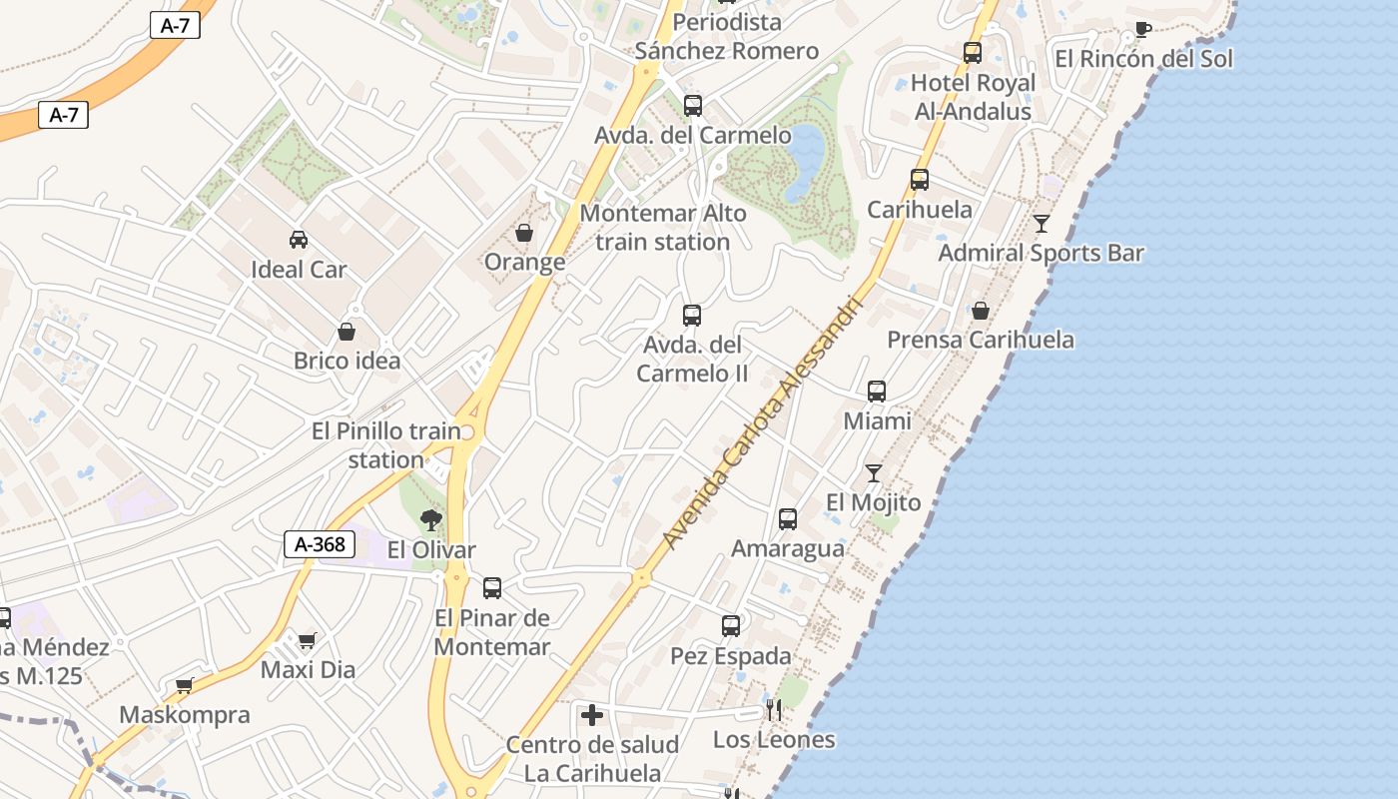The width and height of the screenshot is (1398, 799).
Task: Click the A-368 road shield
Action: (x=321, y=544)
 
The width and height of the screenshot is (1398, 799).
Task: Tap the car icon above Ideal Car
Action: (x=298, y=239)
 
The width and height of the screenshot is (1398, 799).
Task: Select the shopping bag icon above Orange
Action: (x=523, y=233)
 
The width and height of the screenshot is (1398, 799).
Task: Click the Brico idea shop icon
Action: (x=347, y=331)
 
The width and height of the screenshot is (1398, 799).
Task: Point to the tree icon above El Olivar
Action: (x=431, y=519)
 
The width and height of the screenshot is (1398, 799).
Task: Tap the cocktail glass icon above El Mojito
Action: (x=874, y=472)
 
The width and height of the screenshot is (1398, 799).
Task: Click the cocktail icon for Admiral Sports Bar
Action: (x=1042, y=223)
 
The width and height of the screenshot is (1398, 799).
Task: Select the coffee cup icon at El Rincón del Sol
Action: (x=1142, y=29)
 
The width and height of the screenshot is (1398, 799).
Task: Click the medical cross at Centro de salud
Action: (x=592, y=714)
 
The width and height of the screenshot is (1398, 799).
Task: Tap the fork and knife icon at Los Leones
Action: (x=774, y=710)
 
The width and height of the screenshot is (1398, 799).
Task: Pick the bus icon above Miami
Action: (x=877, y=391)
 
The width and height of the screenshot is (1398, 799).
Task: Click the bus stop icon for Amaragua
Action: (x=788, y=518)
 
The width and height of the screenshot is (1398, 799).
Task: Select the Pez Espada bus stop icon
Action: (x=731, y=626)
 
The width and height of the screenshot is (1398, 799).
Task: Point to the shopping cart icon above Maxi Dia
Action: (x=307, y=639)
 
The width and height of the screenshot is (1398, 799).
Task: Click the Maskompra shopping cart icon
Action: (x=184, y=685)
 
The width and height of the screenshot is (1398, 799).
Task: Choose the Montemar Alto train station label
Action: (x=663, y=228)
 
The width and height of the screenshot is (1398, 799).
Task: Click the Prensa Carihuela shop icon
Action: (x=981, y=311)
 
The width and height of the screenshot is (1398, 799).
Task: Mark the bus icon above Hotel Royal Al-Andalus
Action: (x=973, y=52)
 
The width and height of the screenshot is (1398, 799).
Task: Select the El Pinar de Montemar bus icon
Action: (x=492, y=588)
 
